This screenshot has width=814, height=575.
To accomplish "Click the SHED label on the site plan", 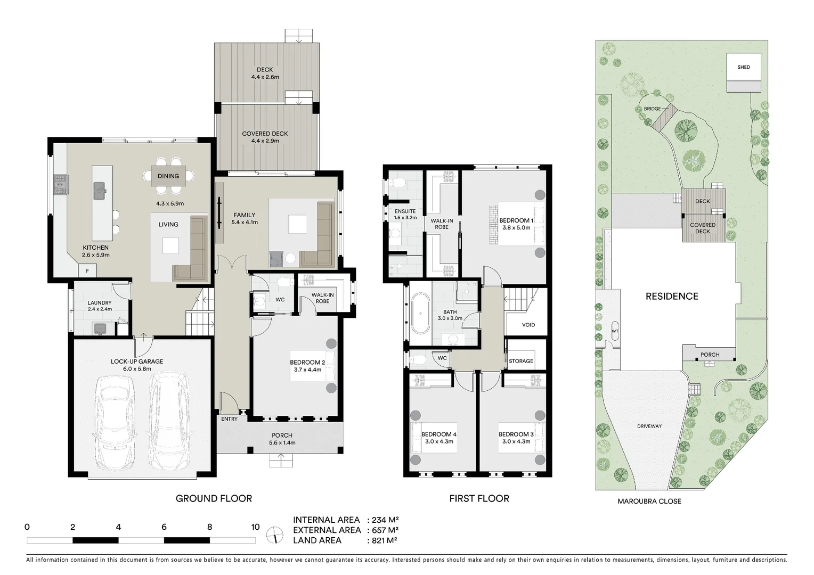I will click(744, 67).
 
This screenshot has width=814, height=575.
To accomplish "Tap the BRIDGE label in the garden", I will click(652, 109).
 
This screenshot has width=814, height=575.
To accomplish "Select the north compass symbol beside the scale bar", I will click(275, 533).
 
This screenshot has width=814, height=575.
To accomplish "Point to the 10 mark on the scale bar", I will click(255, 527).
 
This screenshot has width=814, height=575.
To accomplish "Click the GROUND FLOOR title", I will click(214, 498).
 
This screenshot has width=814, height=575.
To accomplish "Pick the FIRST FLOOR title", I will click(479, 498).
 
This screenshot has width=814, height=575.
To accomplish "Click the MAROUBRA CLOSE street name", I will click(649, 501).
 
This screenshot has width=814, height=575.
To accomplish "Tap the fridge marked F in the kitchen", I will click(87, 271).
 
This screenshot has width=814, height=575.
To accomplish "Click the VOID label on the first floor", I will click(528, 325).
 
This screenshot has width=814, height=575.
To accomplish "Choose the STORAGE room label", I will click(520, 361).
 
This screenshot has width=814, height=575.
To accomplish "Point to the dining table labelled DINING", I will click(168, 176).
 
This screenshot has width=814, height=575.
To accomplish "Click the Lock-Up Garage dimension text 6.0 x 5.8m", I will click(137, 368).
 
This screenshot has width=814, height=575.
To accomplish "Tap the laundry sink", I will click(100, 328).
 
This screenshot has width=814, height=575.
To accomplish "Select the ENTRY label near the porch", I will click(229, 419).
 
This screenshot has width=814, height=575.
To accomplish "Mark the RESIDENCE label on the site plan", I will click(671, 297).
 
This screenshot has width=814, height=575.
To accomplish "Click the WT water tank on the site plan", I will click(615, 331).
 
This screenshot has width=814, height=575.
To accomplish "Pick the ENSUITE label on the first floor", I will click(405, 211).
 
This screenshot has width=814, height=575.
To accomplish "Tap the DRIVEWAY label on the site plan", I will click(649, 426).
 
